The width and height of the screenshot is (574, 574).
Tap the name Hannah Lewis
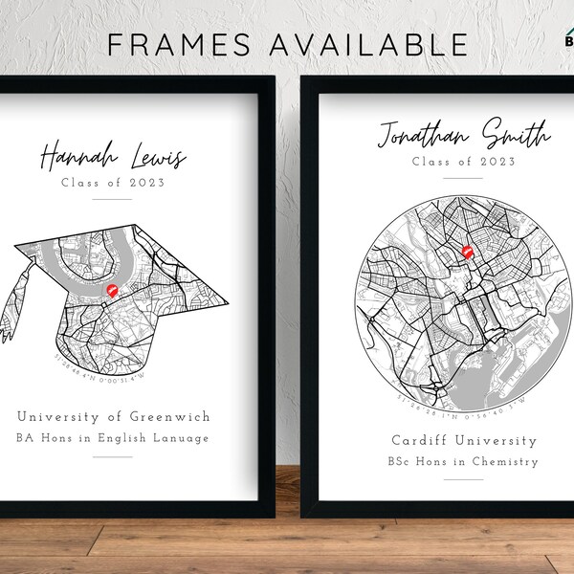tap(113, 156)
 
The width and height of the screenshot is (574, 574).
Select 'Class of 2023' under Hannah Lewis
tap(113, 182)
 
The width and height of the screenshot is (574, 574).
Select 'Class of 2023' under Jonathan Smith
tap(463, 162)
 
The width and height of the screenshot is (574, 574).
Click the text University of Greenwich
tap(113, 416)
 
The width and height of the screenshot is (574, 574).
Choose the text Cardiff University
tap(464, 441)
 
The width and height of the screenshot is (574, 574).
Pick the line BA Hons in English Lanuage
tap(113, 438)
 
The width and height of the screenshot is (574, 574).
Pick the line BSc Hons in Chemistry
tap(464, 462)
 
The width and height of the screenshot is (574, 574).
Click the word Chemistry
tap(507, 462)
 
